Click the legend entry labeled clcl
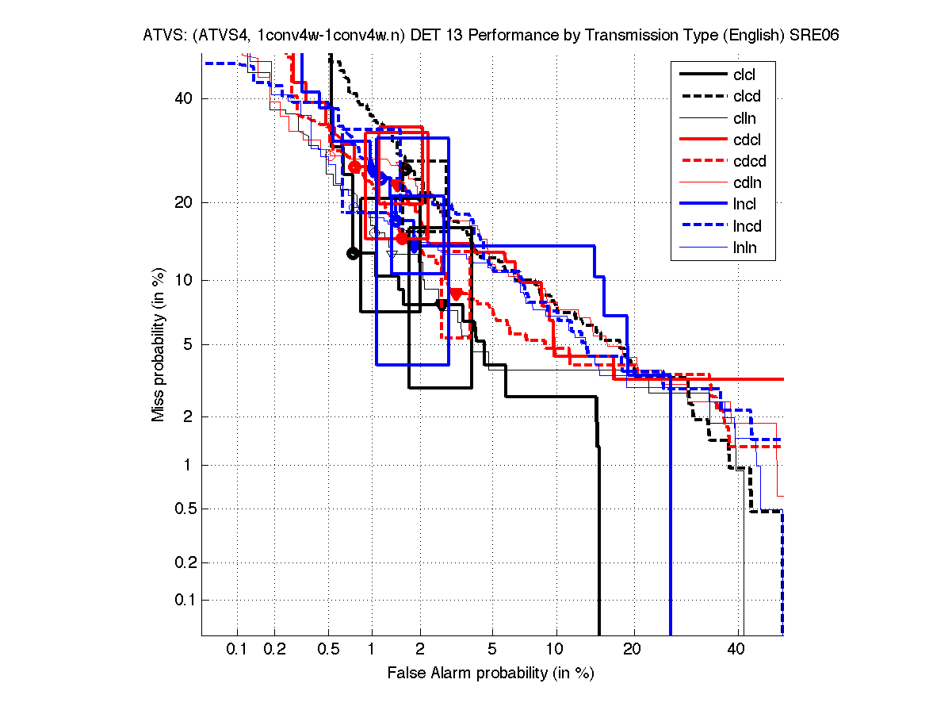744,75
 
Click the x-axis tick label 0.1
237,650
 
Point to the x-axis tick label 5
492,650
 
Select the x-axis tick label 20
631,650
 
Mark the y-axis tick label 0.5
185,509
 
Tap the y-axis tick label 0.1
185,600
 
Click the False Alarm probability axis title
491,674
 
